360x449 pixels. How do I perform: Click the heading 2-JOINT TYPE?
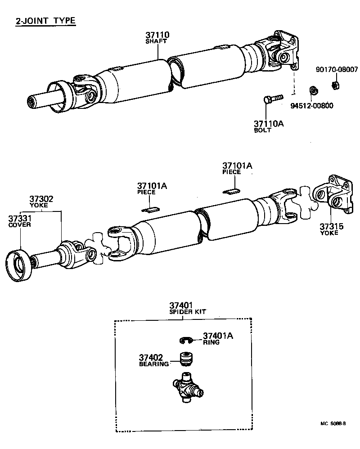(45, 21)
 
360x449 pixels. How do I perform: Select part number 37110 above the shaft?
(157, 35)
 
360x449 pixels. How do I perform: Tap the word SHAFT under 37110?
(156, 41)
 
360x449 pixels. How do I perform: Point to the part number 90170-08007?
(337, 70)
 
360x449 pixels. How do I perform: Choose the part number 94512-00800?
(315, 106)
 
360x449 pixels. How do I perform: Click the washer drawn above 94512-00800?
(311, 90)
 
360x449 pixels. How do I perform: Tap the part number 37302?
(42, 198)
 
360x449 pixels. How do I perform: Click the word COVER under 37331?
(20, 224)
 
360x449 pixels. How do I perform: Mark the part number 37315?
(332, 226)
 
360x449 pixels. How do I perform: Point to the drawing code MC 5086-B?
(333, 423)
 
